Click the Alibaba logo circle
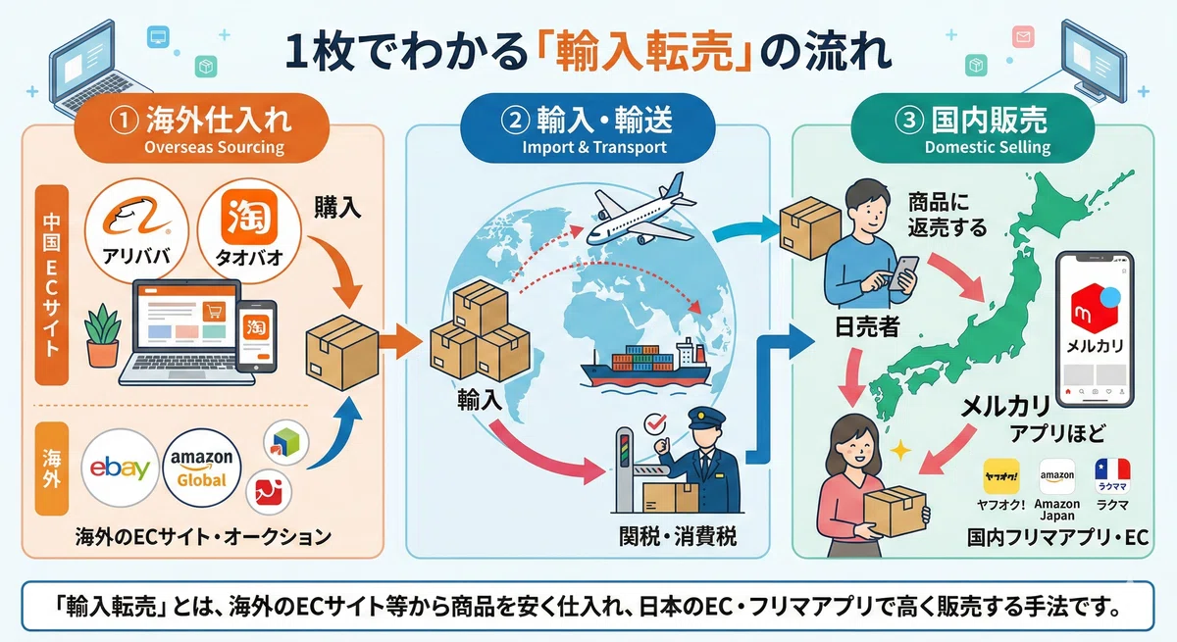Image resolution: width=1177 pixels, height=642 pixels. pos(136,230)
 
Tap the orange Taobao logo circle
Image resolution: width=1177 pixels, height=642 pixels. pos(249,230)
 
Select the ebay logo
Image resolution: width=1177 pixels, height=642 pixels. pos(120,468)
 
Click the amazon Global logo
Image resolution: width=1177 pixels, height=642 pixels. pos(202,468)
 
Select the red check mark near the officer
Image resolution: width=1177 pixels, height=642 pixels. pos(655,423)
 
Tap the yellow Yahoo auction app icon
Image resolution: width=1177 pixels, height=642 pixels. pos(1001,476)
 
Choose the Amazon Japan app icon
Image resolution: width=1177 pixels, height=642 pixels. pos(1057,476)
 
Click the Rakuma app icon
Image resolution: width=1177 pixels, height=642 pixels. pos(1112,476)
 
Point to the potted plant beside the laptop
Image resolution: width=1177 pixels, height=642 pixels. pos(103,336)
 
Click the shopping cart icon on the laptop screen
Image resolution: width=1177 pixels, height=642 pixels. pos(214,312)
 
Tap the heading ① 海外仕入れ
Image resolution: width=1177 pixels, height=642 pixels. pos(201,120)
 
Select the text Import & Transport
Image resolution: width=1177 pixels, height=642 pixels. pos(594,147)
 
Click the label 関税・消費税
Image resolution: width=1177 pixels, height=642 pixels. pos(678,536)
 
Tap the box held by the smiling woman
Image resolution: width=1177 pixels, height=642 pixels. pos(895,511)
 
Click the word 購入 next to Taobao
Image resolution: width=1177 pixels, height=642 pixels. pos(337,208)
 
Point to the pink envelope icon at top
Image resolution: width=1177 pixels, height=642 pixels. pos(1022,36)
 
